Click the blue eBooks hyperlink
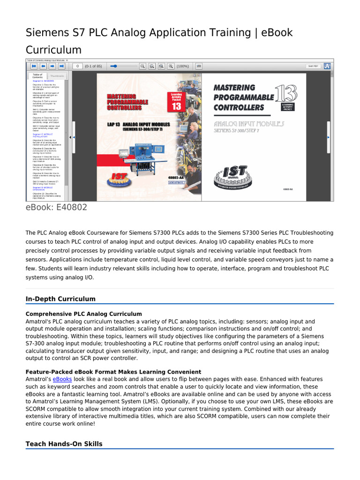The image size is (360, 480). point(62,379)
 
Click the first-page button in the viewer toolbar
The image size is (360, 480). point(34,67)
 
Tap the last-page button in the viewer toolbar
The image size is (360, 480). point(61,67)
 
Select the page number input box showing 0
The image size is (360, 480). point(77,67)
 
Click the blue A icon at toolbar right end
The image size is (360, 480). point(327,67)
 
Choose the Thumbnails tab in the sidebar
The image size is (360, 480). point(57,76)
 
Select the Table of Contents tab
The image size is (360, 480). point(37,76)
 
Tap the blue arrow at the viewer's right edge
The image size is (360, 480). point(328,137)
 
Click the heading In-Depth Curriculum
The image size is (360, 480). point(60,299)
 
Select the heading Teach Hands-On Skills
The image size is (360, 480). point(64,444)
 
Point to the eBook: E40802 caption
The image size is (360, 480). point(56,207)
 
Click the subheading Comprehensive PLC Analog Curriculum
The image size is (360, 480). point(83,314)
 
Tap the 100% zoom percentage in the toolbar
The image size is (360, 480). point(183,67)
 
